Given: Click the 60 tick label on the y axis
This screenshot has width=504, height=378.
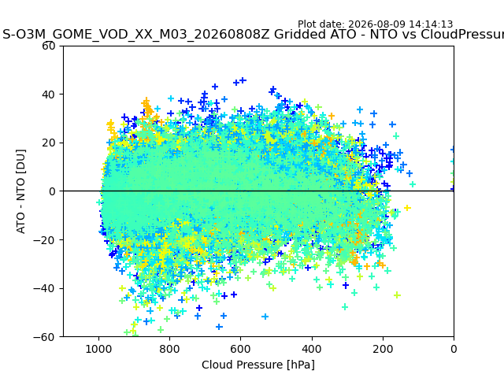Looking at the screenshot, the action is (x=49, y=46).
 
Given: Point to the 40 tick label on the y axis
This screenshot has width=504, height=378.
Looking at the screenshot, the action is (x=49, y=94).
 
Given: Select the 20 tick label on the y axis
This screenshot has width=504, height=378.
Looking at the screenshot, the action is (x=49, y=143).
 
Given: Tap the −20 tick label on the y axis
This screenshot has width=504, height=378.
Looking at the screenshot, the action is (x=44, y=240).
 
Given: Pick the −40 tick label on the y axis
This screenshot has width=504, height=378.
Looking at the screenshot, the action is (x=44, y=289).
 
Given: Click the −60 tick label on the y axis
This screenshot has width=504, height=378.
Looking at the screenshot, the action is (x=44, y=337).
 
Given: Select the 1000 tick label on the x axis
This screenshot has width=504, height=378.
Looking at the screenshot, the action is (x=98, y=349).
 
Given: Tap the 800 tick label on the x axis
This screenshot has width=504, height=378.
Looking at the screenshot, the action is (x=170, y=349).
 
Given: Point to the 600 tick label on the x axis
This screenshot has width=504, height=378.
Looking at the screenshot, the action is (x=241, y=349).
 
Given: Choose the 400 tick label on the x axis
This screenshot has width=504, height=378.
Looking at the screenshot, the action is (x=312, y=349).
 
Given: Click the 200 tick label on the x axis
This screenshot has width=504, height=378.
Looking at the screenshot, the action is (x=383, y=349).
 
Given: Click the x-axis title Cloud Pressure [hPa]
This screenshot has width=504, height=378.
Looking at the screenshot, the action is (x=258, y=365).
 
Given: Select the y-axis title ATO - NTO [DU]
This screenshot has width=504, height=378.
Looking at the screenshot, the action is (x=20, y=191).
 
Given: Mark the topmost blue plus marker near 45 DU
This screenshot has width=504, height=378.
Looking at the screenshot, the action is (x=243, y=80).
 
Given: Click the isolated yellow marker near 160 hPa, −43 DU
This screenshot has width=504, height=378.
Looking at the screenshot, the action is (x=397, y=295).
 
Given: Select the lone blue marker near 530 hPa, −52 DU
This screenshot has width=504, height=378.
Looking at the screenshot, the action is (x=265, y=317).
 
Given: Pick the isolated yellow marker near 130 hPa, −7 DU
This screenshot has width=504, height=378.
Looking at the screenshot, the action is (x=407, y=208).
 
